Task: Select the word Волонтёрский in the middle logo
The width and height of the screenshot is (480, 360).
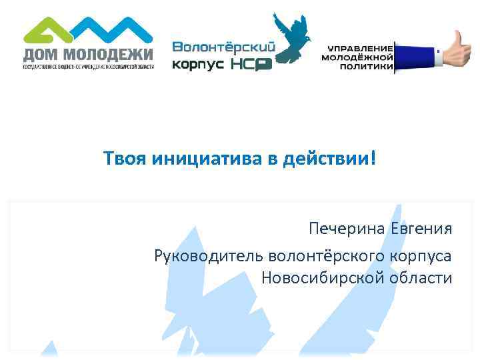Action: pos(215,47)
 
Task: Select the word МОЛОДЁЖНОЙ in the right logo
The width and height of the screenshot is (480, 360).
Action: pos(357,58)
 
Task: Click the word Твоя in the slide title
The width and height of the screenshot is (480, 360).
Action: pos(125,159)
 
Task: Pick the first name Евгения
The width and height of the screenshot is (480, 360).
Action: pos(422,229)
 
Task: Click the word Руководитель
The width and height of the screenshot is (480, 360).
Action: pos(208,255)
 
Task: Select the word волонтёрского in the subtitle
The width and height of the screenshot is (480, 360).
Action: pos(324,255)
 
